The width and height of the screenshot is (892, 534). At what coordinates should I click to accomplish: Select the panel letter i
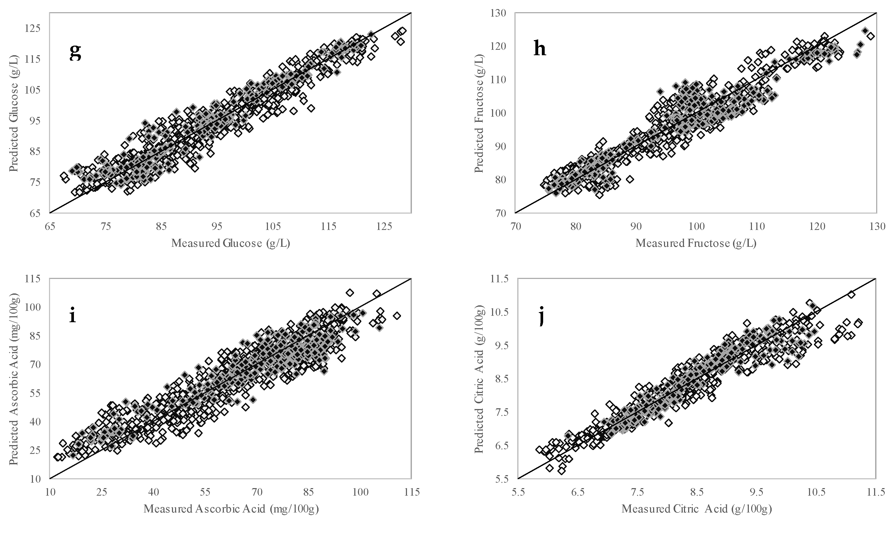click(72, 315)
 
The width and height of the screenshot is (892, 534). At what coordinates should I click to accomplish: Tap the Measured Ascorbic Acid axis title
click(231, 509)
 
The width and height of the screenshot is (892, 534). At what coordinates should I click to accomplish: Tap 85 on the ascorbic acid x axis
click(308, 492)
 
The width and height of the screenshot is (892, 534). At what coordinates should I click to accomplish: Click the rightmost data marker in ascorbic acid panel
click(397, 315)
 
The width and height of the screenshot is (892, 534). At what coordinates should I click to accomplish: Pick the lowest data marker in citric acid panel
click(561, 471)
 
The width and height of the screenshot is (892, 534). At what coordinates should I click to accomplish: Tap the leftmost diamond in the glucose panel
click(64, 175)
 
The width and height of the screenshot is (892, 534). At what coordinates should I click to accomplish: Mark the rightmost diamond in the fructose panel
click(870, 36)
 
